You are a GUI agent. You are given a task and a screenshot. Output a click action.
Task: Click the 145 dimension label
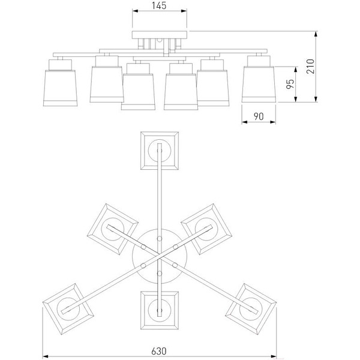click(159, 5)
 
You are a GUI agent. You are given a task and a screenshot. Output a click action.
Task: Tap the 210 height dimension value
click(311, 66)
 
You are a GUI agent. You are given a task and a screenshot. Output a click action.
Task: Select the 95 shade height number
click(290, 84)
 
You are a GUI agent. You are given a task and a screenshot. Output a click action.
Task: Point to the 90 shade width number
click(259, 116)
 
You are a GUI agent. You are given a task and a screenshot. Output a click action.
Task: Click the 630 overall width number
click(159, 351)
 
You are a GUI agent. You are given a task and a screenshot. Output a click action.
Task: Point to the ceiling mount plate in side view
click(160, 35)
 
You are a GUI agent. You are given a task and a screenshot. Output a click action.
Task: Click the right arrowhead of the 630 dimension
click(274, 357)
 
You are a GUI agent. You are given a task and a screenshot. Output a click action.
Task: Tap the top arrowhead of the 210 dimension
click(316, 34)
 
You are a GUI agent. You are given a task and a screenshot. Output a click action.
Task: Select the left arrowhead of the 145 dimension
click(135, 11)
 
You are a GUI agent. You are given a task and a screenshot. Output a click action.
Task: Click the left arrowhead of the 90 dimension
click(245, 122)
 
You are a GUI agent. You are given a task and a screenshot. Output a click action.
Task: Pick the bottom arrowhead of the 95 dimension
click(296, 99)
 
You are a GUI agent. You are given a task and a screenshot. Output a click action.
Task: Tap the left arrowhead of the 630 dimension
click(46, 357)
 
